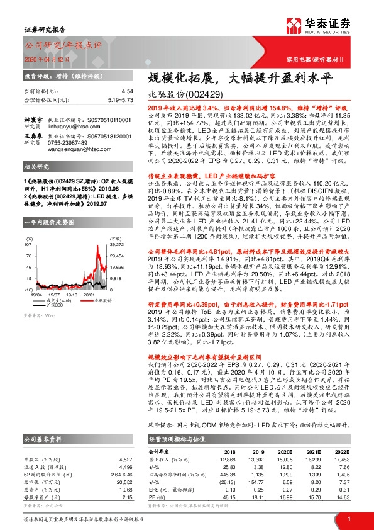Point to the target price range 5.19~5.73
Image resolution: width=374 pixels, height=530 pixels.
point(120,99)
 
